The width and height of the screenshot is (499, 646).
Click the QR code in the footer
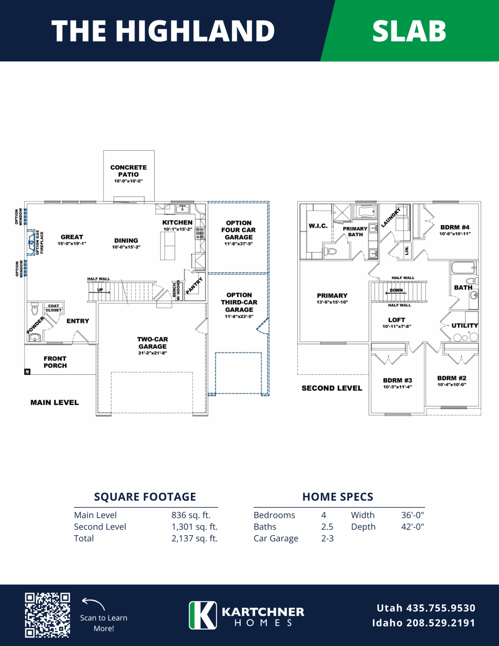point(47,615)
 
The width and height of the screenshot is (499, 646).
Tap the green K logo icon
point(203,615)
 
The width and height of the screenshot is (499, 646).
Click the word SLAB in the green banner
point(409,31)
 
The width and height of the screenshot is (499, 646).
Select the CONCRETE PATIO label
point(129,171)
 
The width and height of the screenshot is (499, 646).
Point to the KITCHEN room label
point(177,222)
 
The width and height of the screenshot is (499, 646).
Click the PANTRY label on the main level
point(194,286)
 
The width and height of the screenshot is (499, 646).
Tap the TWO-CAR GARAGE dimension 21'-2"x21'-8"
point(152,353)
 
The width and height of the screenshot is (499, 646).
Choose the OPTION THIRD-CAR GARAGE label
point(239,302)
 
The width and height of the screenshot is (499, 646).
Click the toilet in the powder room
point(35,309)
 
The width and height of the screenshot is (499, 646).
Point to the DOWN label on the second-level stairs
point(396,290)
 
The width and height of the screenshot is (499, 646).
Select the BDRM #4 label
point(455,227)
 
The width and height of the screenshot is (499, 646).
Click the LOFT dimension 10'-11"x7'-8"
point(397,326)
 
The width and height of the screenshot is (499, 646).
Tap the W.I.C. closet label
point(318,226)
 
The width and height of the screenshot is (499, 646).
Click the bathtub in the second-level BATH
point(463,268)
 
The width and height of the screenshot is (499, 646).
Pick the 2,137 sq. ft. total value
point(194,538)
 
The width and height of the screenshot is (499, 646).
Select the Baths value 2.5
point(327,527)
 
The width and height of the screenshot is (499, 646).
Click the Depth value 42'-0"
point(413,527)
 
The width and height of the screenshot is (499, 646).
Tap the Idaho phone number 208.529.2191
point(441,623)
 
